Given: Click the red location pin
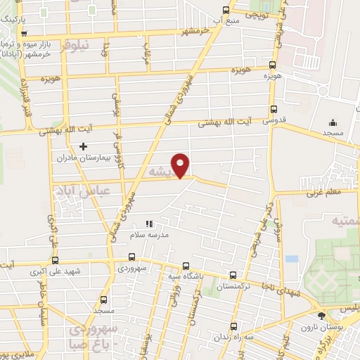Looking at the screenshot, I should coord(181,165).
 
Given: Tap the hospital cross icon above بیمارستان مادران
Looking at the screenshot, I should coord(84,146).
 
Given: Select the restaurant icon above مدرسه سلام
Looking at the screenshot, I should coord(149,224).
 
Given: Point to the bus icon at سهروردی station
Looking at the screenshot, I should coord(131,257).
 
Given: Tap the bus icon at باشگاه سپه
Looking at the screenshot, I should coord(185,266).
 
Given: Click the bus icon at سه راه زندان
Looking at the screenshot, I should coord(234,326).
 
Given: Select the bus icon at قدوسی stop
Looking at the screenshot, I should coord(274,110).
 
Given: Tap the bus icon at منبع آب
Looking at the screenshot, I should coord(225,10).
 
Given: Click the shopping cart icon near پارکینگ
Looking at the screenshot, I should coord(25,34).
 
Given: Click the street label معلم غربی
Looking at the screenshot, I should coord(323,191).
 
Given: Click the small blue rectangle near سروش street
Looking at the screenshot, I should coord(292,258).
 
